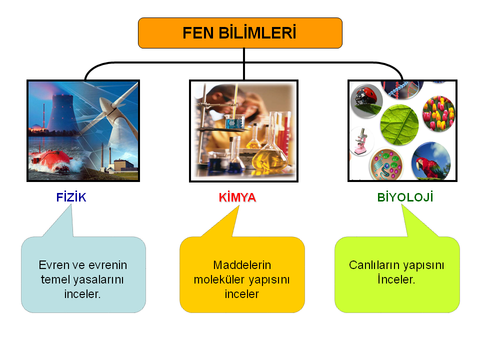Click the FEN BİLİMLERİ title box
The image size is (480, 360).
[240, 33]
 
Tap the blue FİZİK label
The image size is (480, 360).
[71, 197]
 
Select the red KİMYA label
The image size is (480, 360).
[237, 197]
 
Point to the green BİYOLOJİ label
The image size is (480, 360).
[405, 197]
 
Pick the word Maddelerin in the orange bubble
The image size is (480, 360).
[242, 265]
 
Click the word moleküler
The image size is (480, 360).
[219, 279]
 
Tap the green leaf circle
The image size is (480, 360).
[399, 124]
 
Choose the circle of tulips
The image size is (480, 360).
[438, 113]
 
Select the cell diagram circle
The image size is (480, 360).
[386, 164]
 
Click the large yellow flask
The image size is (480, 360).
[270, 150]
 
